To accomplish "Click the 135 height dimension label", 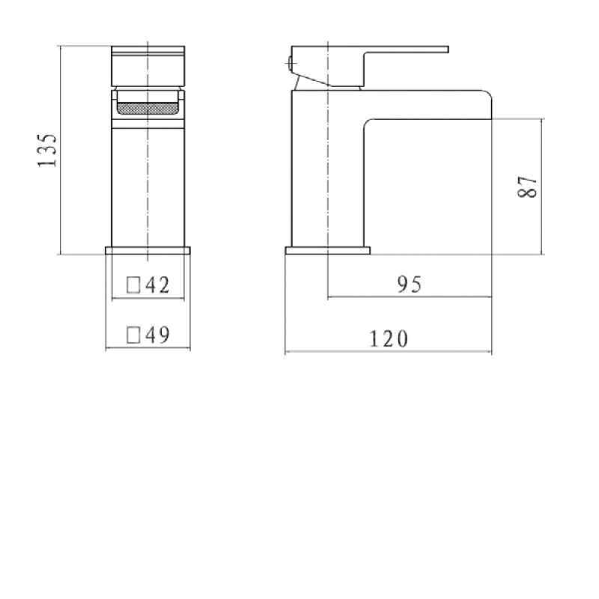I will pyautogui.click(x=46, y=151).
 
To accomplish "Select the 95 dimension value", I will pyautogui.click(x=410, y=285).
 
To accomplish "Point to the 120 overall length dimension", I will pyautogui.click(x=389, y=338).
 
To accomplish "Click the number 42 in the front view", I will pyautogui.click(x=156, y=285).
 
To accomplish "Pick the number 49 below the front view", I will pyautogui.click(x=156, y=335).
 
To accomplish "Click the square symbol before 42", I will pyautogui.click(x=133, y=285).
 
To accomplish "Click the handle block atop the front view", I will pyautogui.click(x=148, y=67).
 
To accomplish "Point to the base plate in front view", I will pyautogui.click(x=148, y=250).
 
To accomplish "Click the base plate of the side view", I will pyautogui.click(x=328, y=250).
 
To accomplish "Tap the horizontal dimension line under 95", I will pyautogui.click(x=410, y=297).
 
